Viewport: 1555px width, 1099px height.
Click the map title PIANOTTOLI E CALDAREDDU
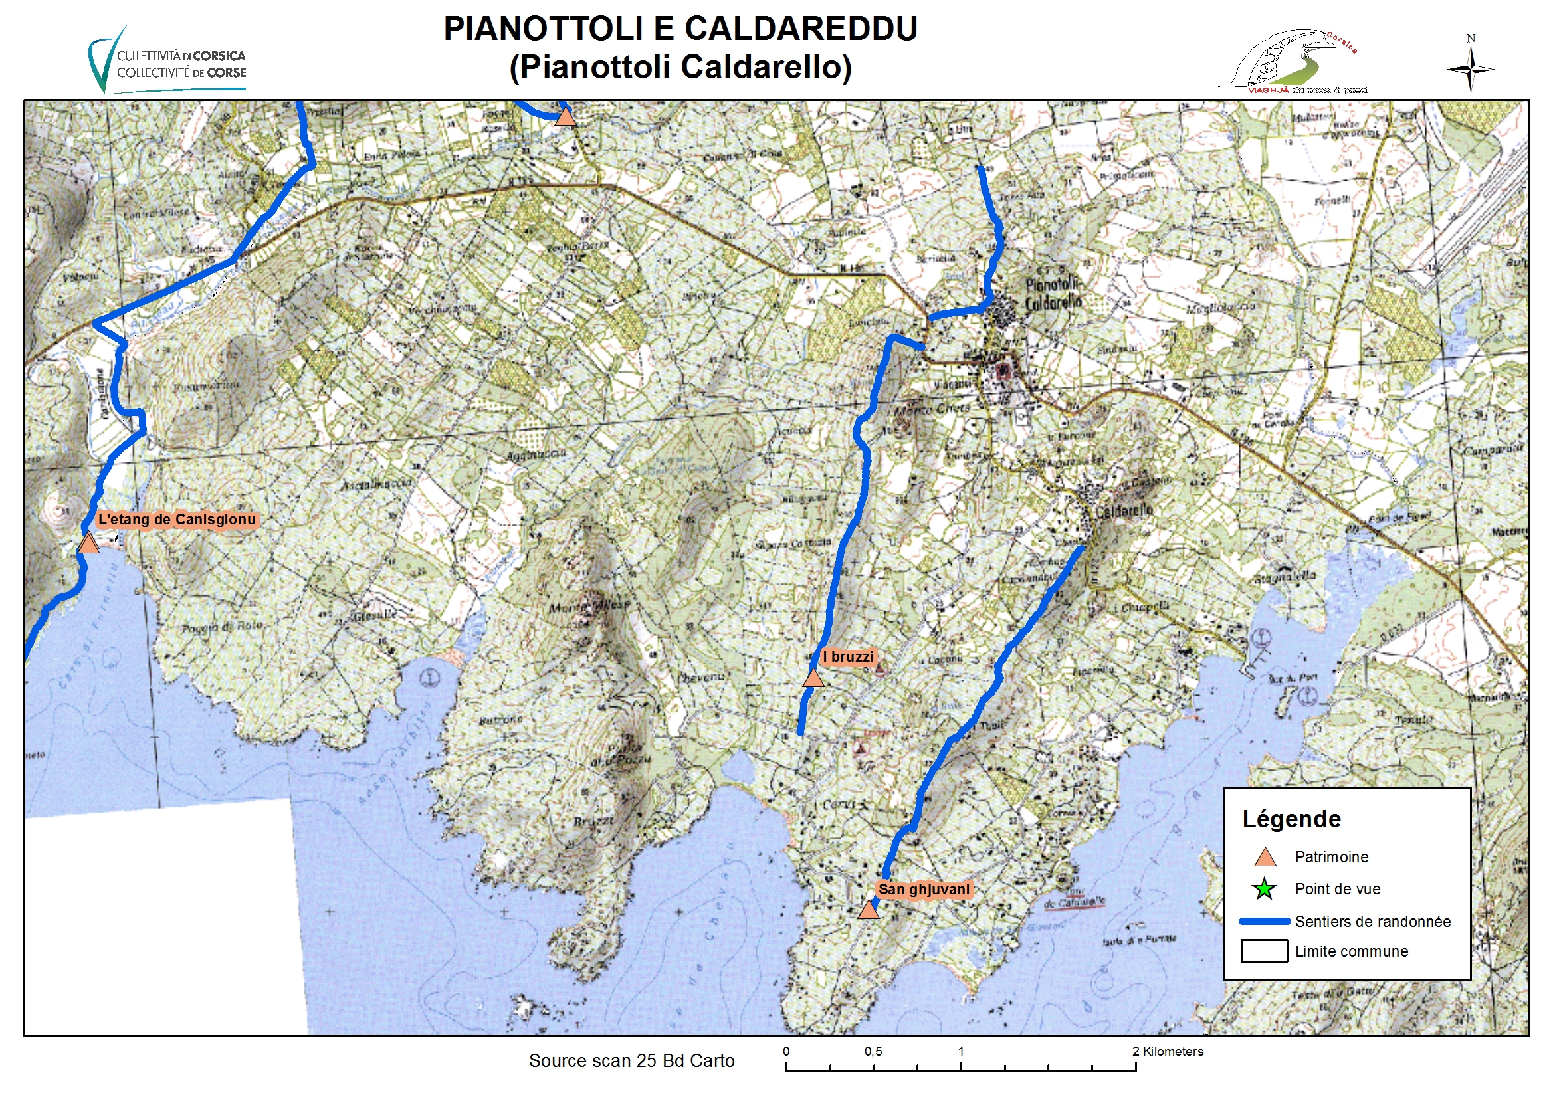point(680,29)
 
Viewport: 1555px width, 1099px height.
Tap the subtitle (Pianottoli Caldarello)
point(680,67)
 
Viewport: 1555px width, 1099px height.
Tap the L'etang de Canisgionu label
point(177,520)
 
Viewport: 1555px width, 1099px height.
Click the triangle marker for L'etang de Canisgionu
point(88,544)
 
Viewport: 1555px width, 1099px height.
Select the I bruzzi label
point(847,657)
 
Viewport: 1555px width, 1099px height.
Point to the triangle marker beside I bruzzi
point(813,678)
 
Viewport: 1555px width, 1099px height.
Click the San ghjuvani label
point(924,889)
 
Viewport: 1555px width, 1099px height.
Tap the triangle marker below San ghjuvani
point(869,910)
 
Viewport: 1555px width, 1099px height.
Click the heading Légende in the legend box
point(1291,819)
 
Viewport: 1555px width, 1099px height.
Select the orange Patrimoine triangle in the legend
point(1265,858)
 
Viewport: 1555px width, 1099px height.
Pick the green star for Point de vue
point(1264,889)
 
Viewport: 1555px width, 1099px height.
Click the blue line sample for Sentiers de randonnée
point(1264,921)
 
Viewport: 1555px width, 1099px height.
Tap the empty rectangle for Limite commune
point(1264,951)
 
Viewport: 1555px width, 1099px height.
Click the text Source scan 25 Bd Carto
point(631,1060)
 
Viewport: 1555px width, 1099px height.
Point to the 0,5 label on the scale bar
point(873,1052)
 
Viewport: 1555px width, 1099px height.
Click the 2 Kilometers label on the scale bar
point(1168,1052)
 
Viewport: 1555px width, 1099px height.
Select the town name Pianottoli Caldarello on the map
point(1053,293)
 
